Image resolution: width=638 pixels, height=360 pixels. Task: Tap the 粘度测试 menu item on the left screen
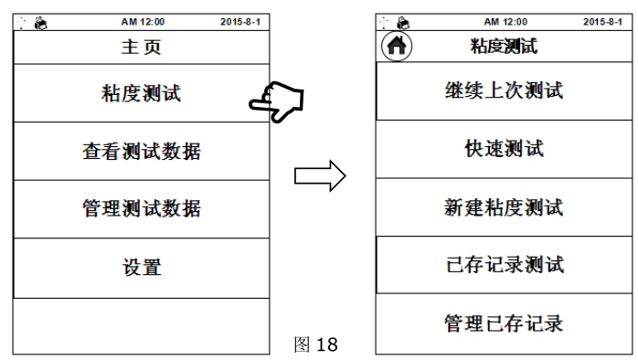[141, 93]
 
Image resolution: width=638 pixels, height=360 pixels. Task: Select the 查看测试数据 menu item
[141, 151]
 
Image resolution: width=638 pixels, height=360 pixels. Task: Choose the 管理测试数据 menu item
[141, 209]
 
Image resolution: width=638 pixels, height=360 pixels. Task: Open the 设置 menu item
[141, 268]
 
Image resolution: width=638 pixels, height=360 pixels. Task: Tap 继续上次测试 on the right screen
[504, 90]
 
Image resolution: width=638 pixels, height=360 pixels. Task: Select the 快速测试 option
[504, 149]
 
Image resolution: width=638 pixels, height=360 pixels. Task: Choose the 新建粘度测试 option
[504, 207]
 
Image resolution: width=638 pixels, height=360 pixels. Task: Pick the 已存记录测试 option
[504, 265]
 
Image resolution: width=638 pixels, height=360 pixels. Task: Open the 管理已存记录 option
[504, 323]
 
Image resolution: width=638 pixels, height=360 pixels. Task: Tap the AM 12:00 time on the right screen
[504, 20]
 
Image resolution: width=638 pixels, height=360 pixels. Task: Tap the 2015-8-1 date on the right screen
[603, 20]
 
